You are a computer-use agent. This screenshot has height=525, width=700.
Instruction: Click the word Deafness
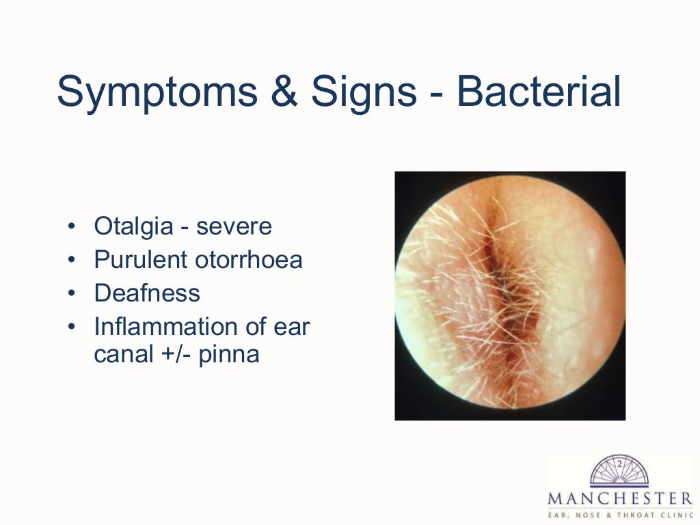point(147,293)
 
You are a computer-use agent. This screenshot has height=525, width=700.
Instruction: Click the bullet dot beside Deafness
point(72,294)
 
